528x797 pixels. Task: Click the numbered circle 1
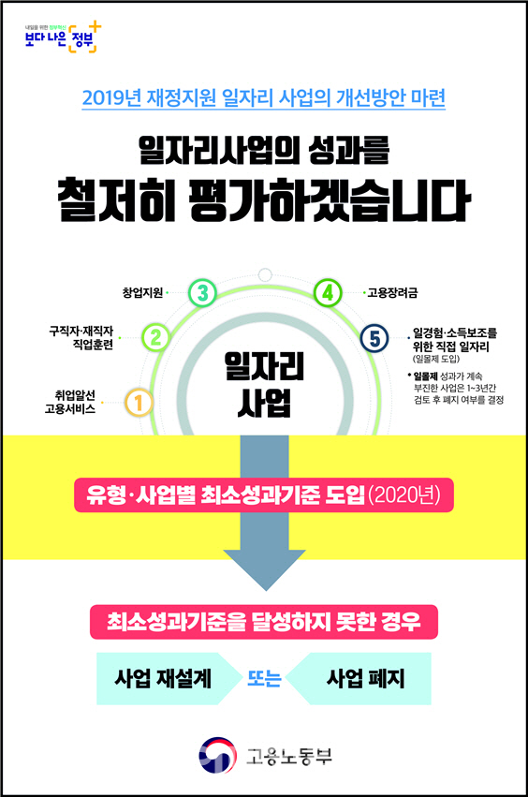139,403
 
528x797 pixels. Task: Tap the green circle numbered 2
156,337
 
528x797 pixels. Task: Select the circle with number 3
202,293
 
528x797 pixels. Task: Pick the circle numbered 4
328,293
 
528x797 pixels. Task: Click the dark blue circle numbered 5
374,338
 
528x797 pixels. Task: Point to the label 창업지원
143,293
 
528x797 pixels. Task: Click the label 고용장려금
392,293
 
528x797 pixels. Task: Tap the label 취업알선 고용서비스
70,402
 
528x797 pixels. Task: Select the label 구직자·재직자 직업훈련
81,338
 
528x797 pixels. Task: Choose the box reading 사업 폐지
360,679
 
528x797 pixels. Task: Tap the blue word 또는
264,679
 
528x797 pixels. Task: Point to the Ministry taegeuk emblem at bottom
218,755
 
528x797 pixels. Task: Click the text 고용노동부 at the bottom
289,756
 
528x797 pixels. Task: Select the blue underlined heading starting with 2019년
264,97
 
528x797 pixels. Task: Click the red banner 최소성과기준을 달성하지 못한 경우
264,622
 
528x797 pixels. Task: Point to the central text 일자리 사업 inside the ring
264,385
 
